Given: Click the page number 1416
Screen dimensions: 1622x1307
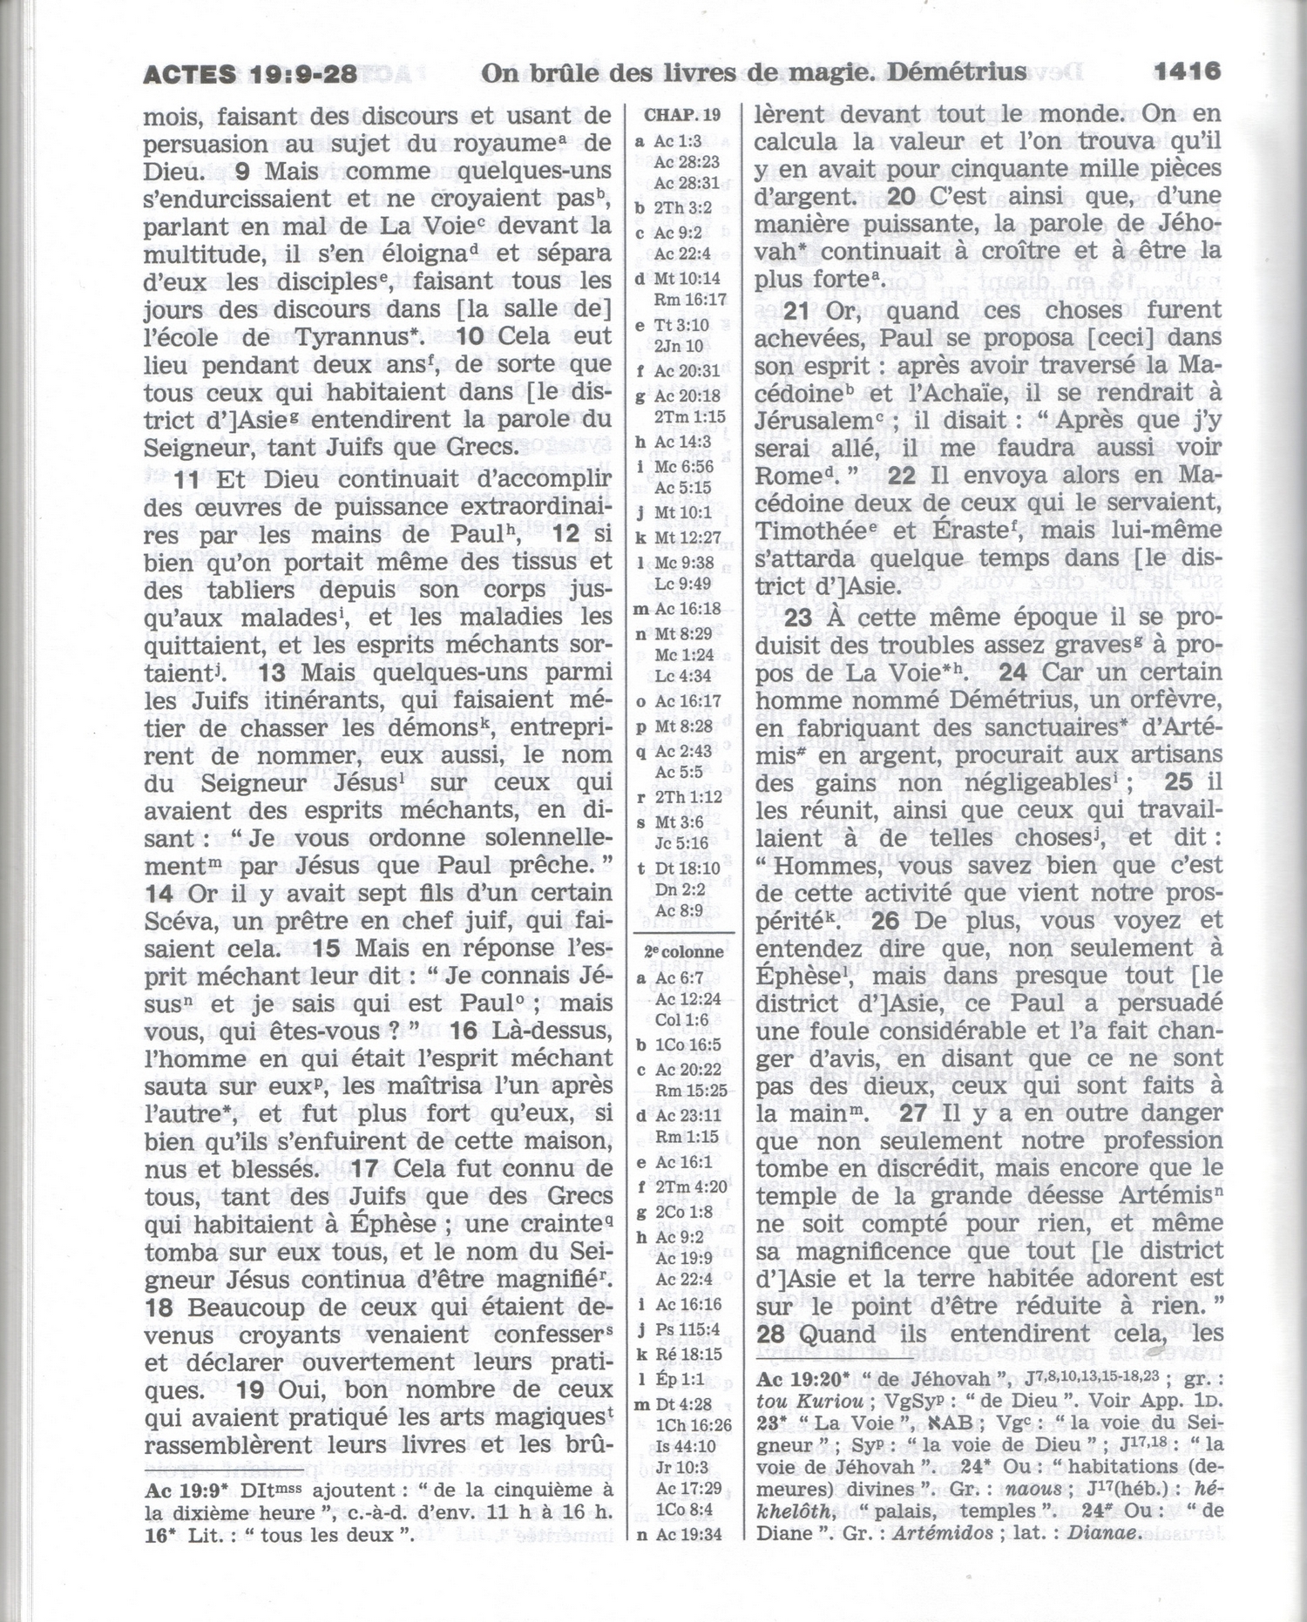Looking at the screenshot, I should (x=1188, y=71).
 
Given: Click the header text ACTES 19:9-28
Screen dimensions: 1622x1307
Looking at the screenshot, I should (x=250, y=74).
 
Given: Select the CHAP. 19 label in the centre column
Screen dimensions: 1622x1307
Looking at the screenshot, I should (x=682, y=115).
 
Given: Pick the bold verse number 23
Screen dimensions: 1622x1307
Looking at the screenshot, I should (x=798, y=618).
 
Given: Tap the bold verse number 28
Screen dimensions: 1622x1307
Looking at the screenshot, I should (x=771, y=1335).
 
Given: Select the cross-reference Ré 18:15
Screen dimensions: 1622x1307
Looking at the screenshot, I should (x=688, y=1355).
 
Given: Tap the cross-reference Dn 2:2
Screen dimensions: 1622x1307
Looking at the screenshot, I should (x=678, y=889).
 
